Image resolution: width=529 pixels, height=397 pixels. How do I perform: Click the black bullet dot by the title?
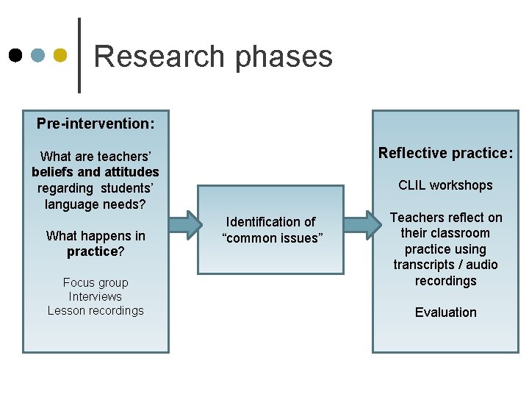tap(15, 56)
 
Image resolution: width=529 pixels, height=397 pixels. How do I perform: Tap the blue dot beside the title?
tap(38, 56)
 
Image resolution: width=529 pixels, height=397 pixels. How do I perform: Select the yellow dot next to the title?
tap(61, 56)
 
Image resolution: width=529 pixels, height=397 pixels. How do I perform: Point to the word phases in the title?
tap(284, 57)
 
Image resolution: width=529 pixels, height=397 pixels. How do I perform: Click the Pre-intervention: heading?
tap(96, 124)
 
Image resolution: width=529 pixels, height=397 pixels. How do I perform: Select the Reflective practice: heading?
tap(445, 153)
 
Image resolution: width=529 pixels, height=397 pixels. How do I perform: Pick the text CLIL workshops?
tap(445, 185)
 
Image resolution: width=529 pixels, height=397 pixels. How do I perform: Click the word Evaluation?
tap(445, 312)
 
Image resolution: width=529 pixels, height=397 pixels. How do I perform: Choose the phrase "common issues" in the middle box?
tap(272, 238)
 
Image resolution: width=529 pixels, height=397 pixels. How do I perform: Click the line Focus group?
tap(96, 282)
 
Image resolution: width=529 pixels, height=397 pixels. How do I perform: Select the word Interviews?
tap(96, 296)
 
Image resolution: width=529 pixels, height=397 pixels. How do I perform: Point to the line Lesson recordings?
tap(96, 310)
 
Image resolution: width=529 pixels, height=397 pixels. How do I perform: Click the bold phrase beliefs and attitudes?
tap(96, 172)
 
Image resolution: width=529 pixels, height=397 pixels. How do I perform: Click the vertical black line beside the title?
tap(79, 55)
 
